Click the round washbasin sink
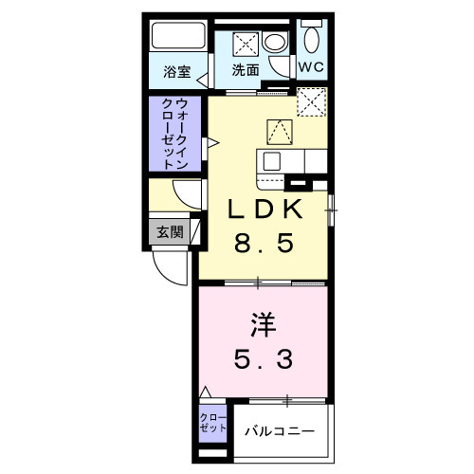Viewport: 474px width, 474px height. (274, 42)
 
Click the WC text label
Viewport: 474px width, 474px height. (312, 68)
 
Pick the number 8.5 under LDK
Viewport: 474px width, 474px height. (264, 243)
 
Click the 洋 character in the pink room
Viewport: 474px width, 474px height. (264, 325)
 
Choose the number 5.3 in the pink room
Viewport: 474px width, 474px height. (264, 360)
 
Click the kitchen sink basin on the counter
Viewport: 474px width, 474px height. (271, 160)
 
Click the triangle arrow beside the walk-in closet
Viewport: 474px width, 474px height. (214, 144)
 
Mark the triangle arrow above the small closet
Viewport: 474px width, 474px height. (206, 391)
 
